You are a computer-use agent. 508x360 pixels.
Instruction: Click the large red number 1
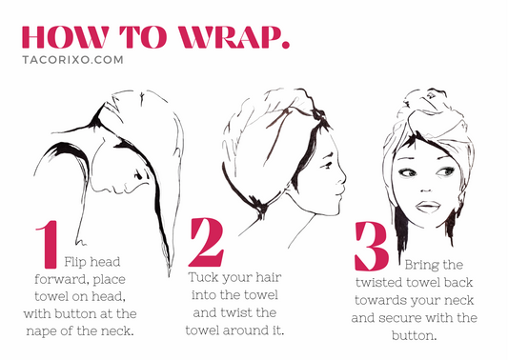coord(46,245)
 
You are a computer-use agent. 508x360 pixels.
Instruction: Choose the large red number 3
coord(371,247)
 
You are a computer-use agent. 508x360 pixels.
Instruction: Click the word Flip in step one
coord(79,260)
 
